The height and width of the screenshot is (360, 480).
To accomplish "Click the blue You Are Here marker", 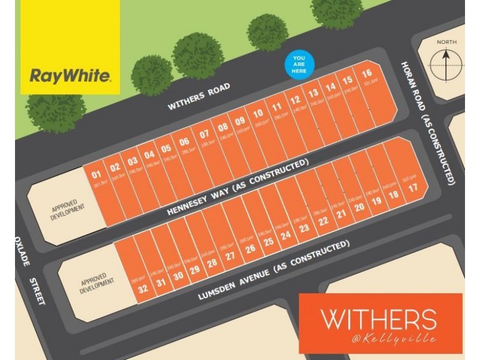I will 299,63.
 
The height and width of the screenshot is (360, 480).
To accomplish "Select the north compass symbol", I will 447,64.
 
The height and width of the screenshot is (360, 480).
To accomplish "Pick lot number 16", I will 367,74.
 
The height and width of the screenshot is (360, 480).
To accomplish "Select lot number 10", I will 257,112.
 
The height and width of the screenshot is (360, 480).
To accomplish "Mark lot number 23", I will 304,227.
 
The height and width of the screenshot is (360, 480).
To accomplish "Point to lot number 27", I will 230,255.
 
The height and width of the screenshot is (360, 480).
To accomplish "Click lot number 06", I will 184,142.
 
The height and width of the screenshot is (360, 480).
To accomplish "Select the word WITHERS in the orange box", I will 377,319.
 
